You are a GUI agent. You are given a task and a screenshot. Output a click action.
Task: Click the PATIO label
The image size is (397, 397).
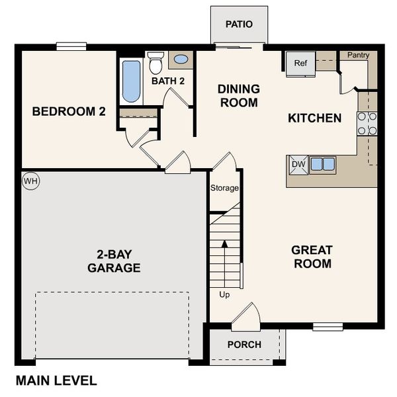239,24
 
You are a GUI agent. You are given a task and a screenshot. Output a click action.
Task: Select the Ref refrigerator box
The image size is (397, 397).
300,64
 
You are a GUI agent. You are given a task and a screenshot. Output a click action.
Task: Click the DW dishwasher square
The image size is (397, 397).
298,165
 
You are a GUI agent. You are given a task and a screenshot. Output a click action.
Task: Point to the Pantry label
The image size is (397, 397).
358,56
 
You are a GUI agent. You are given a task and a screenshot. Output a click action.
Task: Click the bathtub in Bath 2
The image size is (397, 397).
132,81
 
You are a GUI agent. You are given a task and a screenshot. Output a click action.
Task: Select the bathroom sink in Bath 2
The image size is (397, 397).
180,60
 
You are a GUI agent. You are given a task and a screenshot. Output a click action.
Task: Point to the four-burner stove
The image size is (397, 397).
367,124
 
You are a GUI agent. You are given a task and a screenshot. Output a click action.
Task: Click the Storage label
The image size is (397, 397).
224,189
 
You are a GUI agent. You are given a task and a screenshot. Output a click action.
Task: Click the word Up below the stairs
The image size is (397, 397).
224,294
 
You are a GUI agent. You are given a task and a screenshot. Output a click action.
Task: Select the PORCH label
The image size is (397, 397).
244,345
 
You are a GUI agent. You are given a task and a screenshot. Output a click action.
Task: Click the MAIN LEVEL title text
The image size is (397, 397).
56,380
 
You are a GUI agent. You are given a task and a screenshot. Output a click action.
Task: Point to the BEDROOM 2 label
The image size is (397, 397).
69,112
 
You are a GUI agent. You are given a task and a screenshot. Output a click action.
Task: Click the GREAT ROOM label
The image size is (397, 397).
312,257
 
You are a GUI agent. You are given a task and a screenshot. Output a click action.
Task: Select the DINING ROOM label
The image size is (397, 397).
238,96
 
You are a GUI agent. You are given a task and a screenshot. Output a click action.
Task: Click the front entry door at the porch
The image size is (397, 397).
246,316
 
